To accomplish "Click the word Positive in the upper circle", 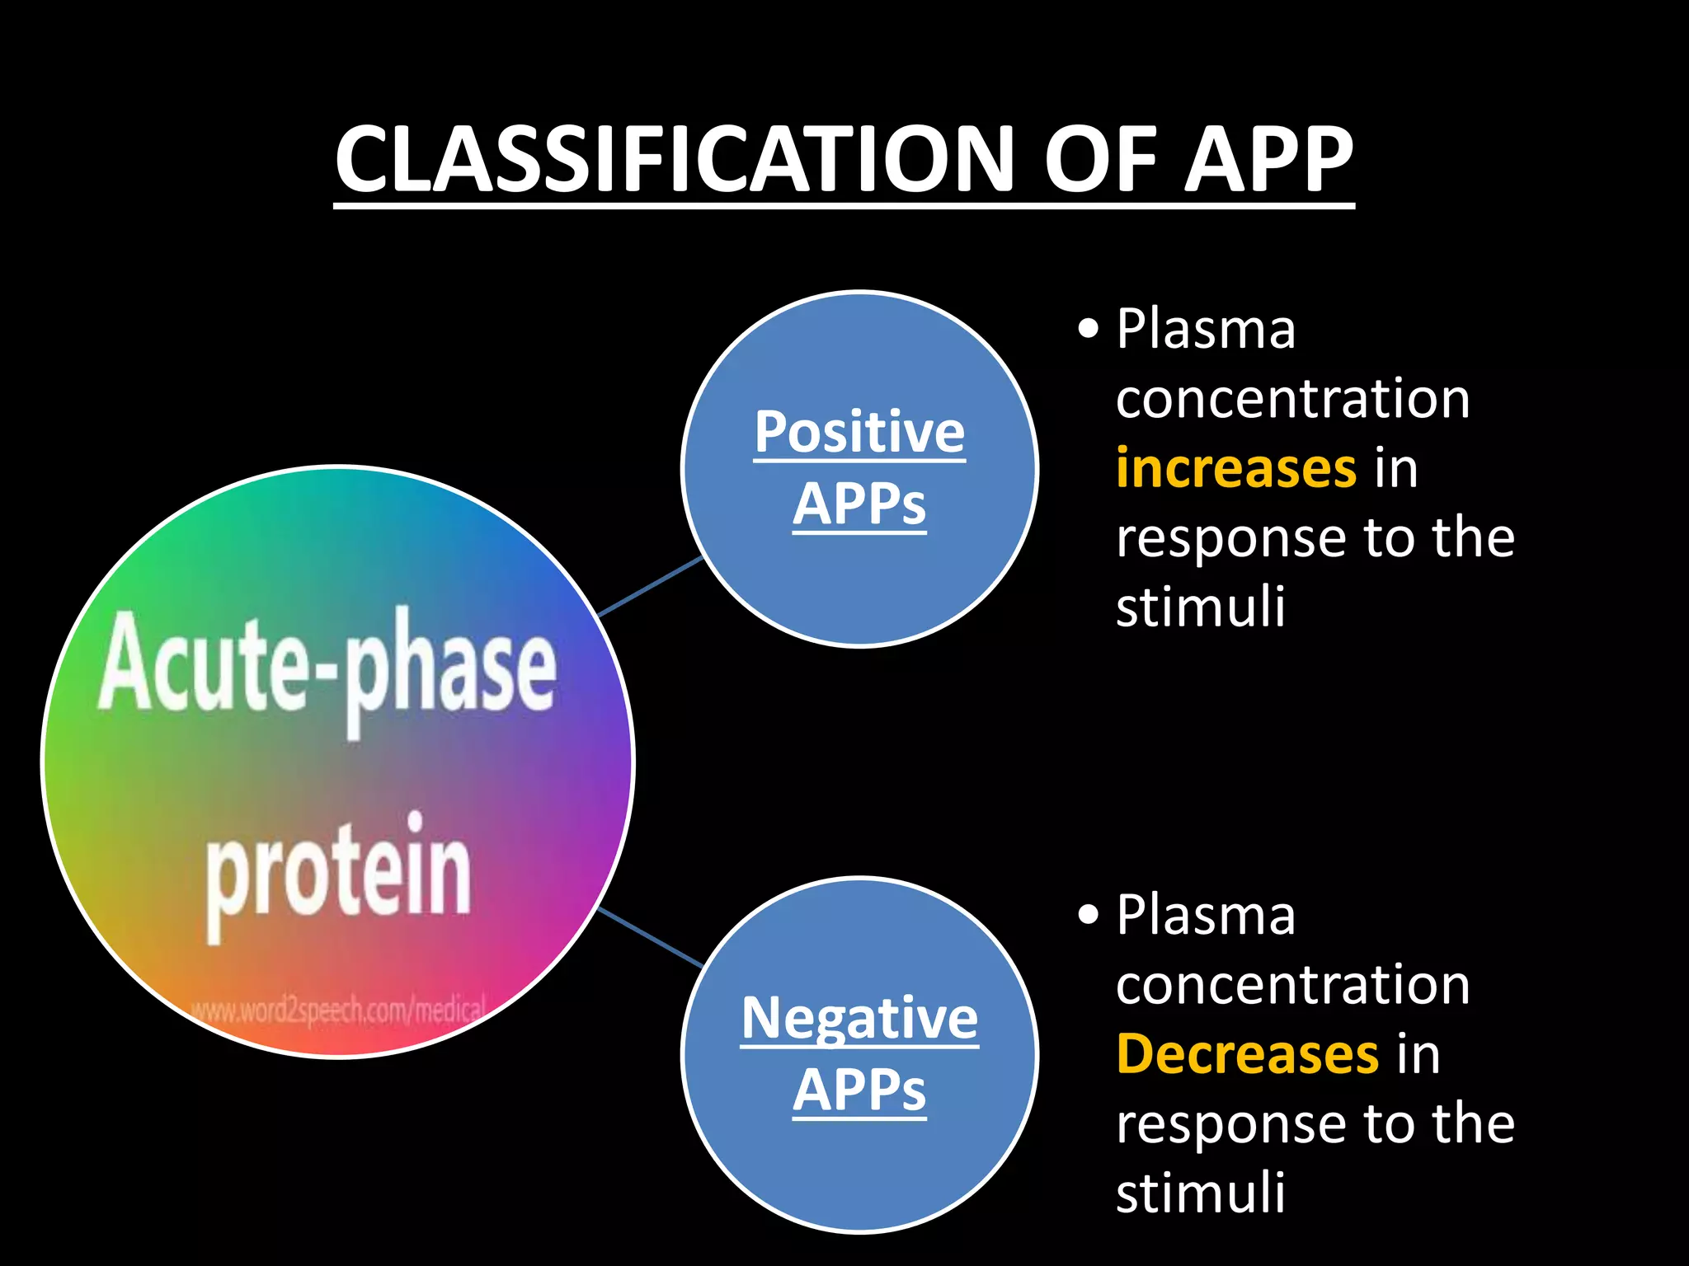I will coord(859,432).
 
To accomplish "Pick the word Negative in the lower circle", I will coord(859,1019).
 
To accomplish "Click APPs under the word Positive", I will coord(859,504).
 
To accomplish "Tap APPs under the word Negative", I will coord(859,1090).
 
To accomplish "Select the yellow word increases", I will coord(1235,468).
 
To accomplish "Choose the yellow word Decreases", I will coord(1247,1054).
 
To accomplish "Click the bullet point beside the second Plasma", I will coord(1089,915).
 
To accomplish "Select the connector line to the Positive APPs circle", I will coord(650,587).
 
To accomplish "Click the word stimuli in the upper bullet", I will coord(1200,607).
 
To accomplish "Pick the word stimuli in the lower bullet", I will coord(1200,1193).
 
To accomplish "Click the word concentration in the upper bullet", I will coord(1292,399).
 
